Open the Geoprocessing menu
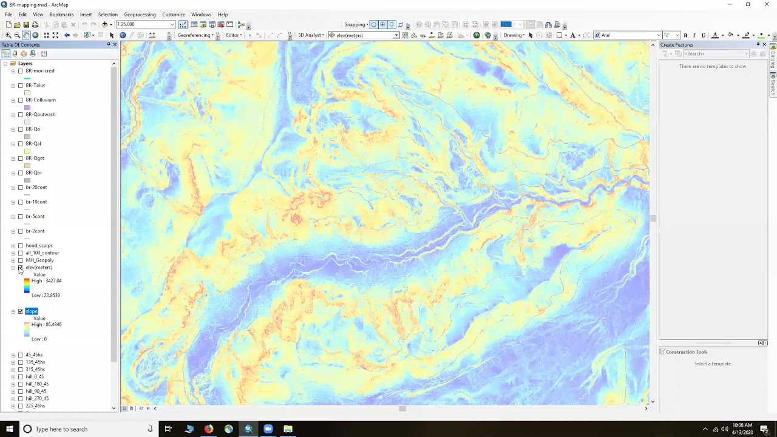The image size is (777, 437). tap(140, 15)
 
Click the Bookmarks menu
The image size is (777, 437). tap(61, 15)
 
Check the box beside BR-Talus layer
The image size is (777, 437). tap(21, 86)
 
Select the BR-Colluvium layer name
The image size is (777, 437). tap(40, 100)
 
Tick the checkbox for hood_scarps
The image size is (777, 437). tap(21, 246)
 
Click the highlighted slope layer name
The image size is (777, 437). tap(32, 311)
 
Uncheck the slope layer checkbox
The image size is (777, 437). tap(21, 311)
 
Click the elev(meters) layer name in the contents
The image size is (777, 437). tap(38, 268)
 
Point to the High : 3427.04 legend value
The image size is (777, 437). tap(46, 281)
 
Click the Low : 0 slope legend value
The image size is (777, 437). tap(39, 339)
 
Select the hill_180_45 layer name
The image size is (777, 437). tap(37, 384)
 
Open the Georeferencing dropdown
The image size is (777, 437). tap(195, 35)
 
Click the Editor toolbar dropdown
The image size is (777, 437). tap(234, 35)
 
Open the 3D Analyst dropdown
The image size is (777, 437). tap(311, 35)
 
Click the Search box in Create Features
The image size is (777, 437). tap(714, 54)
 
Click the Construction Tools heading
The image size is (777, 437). tap(686, 352)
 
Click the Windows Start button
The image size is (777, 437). tap(9, 429)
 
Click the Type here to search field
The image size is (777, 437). tap(85, 429)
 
